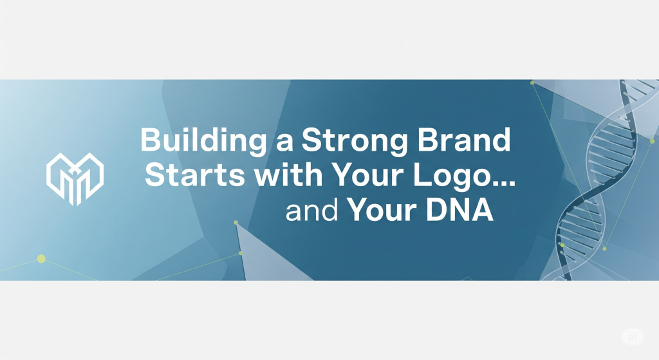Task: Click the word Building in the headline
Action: pos(203,140)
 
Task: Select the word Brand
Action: pos(464,140)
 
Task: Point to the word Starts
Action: pos(195,175)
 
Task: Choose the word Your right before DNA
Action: pos(382,210)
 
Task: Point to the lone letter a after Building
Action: pos(284,142)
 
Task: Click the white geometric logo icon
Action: pos(75,179)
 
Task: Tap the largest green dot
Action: pos(41,259)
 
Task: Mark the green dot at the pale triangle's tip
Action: pos(236,222)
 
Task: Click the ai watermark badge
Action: pos(633,337)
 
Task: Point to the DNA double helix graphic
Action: pos(597,181)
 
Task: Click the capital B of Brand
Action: pos(427,140)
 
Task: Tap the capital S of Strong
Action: pos(311,140)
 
